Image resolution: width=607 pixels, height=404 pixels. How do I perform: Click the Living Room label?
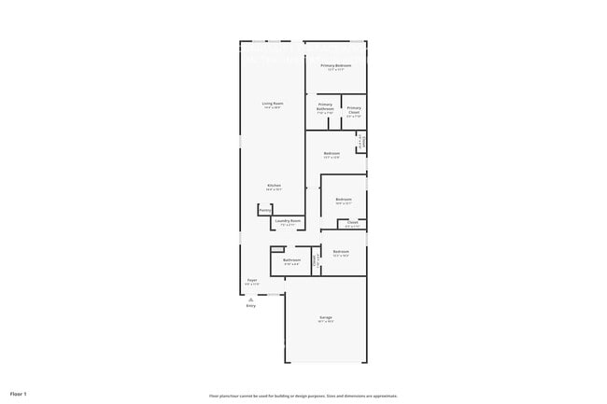[272, 103]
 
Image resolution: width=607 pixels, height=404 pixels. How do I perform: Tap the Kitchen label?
[274, 185]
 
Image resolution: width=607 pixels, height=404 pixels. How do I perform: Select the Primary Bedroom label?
[335, 65]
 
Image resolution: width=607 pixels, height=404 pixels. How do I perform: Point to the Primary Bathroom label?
[325, 106]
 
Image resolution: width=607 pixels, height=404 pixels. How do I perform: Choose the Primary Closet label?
[354, 110]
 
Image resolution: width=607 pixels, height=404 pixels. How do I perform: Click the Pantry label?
[265, 210]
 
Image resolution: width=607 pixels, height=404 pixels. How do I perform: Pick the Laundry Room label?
[288, 220]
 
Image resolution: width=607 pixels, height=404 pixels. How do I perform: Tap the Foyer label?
[252, 279]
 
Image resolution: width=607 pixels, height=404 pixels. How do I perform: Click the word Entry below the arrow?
[251, 305]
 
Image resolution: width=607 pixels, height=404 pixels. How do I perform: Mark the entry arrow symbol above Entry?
[251, 298]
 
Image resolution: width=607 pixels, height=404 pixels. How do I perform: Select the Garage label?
[326, 317]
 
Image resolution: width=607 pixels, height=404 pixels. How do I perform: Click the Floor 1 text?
[19, 394]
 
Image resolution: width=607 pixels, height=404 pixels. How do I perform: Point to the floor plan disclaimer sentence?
[303, 396]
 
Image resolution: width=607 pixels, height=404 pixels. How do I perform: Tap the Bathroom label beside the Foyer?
[291, 259]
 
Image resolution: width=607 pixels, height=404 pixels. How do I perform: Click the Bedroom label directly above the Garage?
[341, 251]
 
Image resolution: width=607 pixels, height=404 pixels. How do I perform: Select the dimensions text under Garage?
[326, 322]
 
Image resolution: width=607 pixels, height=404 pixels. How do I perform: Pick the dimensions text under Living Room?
[272, 107]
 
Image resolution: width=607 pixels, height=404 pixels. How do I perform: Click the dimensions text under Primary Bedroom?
[335, 70]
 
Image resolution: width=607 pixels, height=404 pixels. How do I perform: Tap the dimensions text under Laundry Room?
[288, 225]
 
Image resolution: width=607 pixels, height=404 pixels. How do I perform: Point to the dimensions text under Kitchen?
[274, 189]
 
